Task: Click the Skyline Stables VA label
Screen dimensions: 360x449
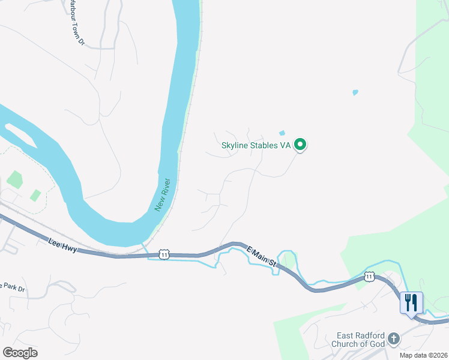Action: click(256, 145)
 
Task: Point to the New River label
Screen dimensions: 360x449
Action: click(163, 195)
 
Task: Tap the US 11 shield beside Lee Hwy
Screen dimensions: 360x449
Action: click(164, 254)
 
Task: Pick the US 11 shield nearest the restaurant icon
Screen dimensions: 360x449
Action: click(369, 276)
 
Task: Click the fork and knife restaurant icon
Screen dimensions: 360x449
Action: click(411, 302)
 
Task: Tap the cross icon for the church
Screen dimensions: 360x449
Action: click(393, 339)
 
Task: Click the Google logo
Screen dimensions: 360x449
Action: click(20, 353)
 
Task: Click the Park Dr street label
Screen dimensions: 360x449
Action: click(13, 287)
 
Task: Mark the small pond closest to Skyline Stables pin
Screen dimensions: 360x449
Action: click(282, 133)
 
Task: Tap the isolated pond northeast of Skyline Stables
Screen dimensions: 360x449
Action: click(355, 92)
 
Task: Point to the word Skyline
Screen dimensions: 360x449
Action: click(234, 145)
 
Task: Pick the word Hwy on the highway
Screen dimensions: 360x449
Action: click(70, 247)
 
